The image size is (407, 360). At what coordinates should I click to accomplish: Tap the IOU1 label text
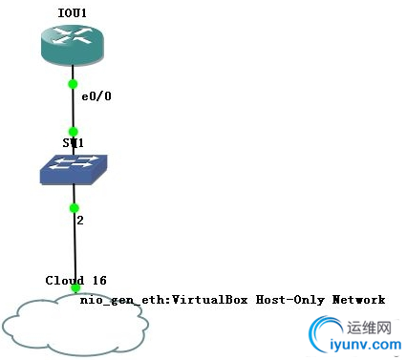(72, 13)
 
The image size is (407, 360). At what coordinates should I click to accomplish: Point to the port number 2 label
(82, 220)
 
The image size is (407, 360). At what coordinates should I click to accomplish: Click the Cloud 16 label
(75, 280)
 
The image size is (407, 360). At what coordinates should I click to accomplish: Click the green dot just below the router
(73, 83)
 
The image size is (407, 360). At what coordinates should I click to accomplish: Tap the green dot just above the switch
(73, 131)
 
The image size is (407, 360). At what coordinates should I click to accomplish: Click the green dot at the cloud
(75, 288)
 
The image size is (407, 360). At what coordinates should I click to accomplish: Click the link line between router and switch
(73, 107)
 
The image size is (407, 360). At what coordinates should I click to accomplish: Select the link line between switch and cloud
(74, 246)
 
